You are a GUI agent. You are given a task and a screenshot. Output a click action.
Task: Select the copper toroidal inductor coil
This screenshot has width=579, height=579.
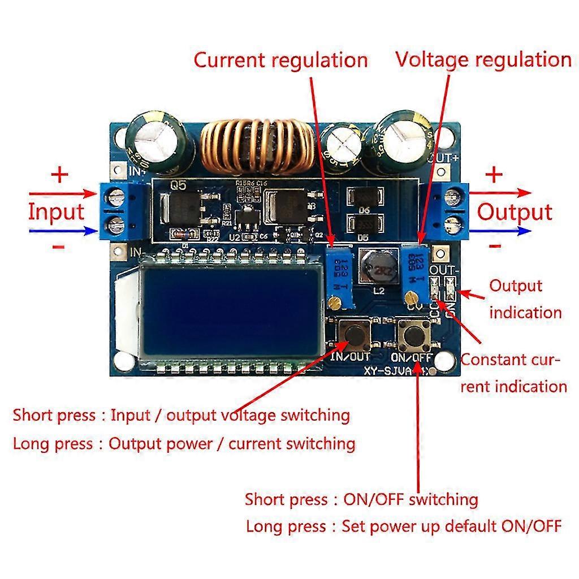click(x=257, y=149)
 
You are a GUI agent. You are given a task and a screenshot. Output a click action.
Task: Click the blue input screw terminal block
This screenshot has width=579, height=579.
click(x=122, y=210)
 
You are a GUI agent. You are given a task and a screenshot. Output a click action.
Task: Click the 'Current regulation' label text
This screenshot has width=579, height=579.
click(x=280, y=60)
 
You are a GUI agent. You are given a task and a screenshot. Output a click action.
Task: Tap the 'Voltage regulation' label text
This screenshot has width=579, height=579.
click(x=483, y=59)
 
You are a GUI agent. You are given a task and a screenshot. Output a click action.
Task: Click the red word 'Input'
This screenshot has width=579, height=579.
click(x=56, y=212)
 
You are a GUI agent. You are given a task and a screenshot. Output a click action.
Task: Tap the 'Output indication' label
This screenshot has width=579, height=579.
click(x=525, y=299)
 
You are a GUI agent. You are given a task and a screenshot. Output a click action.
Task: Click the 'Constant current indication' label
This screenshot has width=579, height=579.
click(x=513, y=373)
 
